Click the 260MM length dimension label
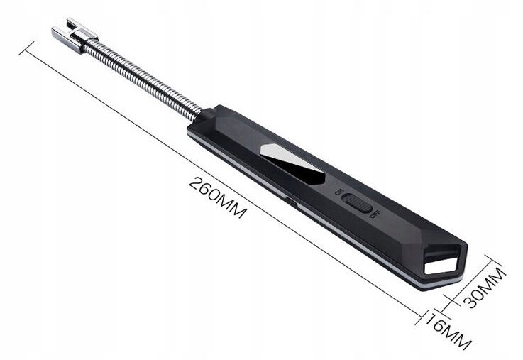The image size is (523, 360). point(217,197)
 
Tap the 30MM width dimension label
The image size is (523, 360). point(484,288)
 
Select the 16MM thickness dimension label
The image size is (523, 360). point(448,331)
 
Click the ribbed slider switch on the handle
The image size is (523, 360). point(358,203)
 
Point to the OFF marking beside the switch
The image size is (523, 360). point(375,214)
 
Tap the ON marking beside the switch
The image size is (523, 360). point(339,192)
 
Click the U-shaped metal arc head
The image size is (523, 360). point(74,34)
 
